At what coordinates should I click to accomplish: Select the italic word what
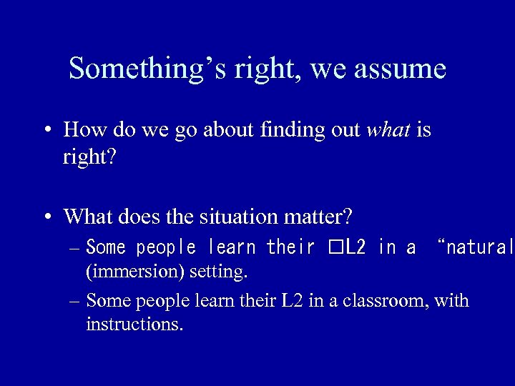point(387,130)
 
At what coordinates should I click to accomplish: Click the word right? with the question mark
point(89,157)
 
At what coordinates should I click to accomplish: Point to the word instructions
point(134,325)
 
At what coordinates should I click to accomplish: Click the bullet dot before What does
point(46,216)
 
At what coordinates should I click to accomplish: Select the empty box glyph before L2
point(335,248)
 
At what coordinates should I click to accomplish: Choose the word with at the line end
point(453,301)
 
